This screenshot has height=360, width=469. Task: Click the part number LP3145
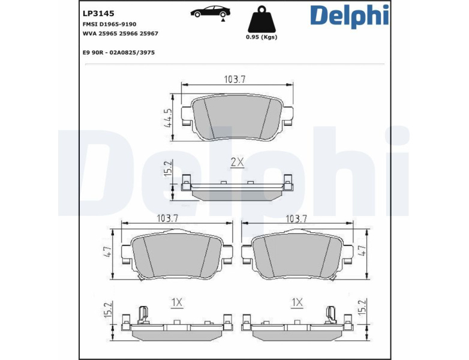pos(98,13)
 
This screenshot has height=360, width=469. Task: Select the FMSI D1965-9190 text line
pos(110,24)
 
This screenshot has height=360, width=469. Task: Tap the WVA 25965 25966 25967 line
pos(120,34)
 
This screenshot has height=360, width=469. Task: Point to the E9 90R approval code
pos(119,53)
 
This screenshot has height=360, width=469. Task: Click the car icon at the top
pos(211,12)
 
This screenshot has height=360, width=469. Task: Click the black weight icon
pos(261,19)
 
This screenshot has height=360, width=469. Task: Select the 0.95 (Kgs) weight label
pos(261,37)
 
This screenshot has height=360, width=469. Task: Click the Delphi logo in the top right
pos(350,16)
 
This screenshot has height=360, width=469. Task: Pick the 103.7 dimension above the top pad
pos(235,80)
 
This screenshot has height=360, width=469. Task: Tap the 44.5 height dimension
pos(168,118)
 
